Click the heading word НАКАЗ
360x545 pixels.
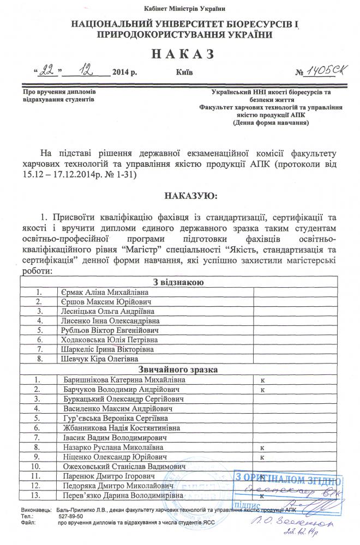(179, 54)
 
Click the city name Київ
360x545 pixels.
(184, 72)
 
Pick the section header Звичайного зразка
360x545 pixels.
(179, 370)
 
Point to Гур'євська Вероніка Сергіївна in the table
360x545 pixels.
(117, 418)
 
